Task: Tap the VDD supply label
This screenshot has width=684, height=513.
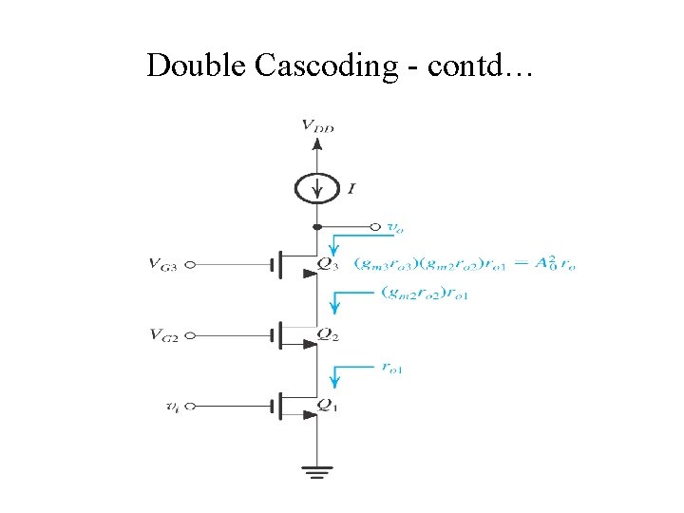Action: coord(317,125)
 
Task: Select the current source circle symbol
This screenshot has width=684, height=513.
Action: coord(317,188)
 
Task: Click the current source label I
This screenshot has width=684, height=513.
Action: coord(351,189)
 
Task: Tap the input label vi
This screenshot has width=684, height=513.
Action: coord(172,406)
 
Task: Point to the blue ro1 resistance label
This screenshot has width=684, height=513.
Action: coord(390,369)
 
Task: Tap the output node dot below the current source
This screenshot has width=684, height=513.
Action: coord(317,227)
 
